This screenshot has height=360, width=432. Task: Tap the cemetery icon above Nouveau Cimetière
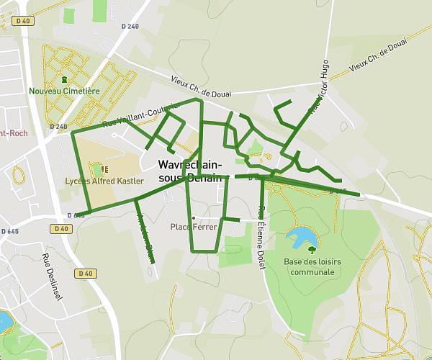click(64, 78)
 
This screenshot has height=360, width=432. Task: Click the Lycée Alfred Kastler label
click(104, 181)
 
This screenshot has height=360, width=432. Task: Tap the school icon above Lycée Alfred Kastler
click(105, 169)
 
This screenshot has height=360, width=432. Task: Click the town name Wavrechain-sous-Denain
click(189, 170)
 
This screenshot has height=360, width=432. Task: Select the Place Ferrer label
click(194, 227)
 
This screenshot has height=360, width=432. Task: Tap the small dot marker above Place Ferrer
click(193, 217)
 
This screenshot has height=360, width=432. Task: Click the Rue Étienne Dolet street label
click(261, 238)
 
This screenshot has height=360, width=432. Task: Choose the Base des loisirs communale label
click(310, 266)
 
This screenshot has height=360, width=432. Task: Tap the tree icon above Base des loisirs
click(312, 249)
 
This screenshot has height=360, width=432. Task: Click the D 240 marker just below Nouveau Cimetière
click(59, 127)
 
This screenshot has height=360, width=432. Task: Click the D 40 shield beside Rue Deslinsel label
click(85, 274)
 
